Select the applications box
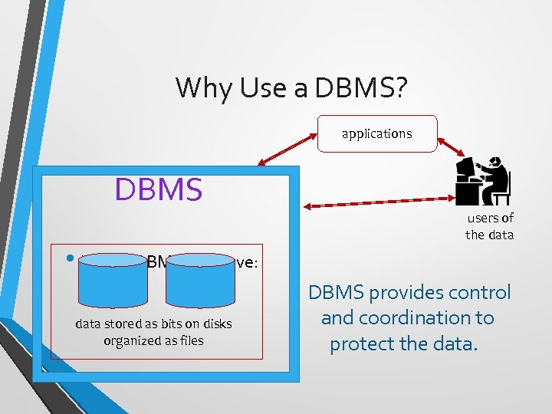tap(376, 134)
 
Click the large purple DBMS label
tap(159, 189)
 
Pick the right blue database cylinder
tap(200, 278)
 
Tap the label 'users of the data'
tap(489, 226)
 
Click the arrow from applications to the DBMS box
tap(288, 149)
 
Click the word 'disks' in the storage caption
tap(215, 324)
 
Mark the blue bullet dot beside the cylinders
tap(70, 258)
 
